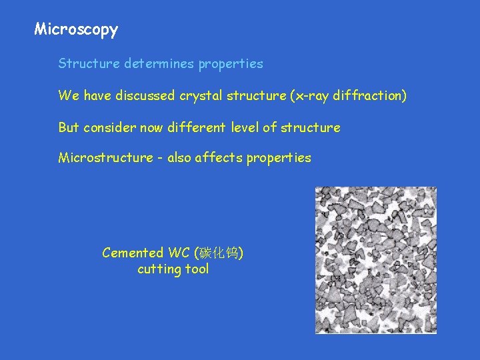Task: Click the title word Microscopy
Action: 76,29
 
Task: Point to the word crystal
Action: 199,95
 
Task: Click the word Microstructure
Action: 105,157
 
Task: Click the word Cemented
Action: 132,253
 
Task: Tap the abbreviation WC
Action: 178,253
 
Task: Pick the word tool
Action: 197,269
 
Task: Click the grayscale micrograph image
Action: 376,260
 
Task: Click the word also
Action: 179,157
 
